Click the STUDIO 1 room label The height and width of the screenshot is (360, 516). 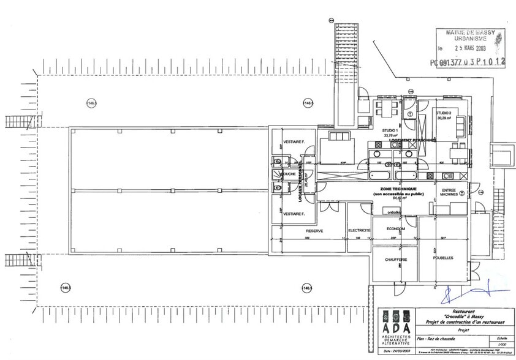(390, 130)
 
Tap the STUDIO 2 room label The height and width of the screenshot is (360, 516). (444, 113)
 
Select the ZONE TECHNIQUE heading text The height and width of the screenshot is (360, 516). (398, 189)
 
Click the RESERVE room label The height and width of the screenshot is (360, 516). (314, 231)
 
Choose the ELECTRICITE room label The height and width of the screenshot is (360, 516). (359, 231)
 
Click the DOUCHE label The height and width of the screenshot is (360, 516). (288, 174)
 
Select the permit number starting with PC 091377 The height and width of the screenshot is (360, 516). (468, 62)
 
